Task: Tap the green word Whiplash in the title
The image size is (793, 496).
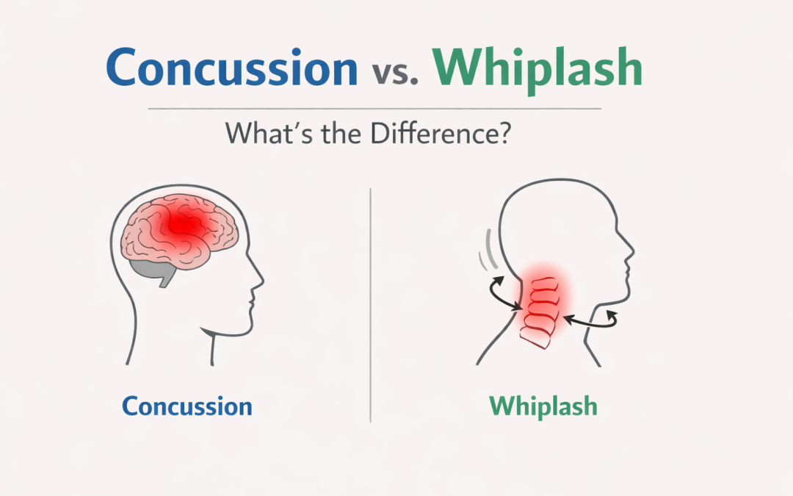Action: (x=537, y=69)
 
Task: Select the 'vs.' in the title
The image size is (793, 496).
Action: (x=394, y=73)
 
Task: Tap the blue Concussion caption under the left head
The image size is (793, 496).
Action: (x=187, y=406)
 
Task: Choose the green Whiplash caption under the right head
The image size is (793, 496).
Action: (x=543, y=406)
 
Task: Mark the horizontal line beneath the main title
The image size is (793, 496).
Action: (x=374, y=109)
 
